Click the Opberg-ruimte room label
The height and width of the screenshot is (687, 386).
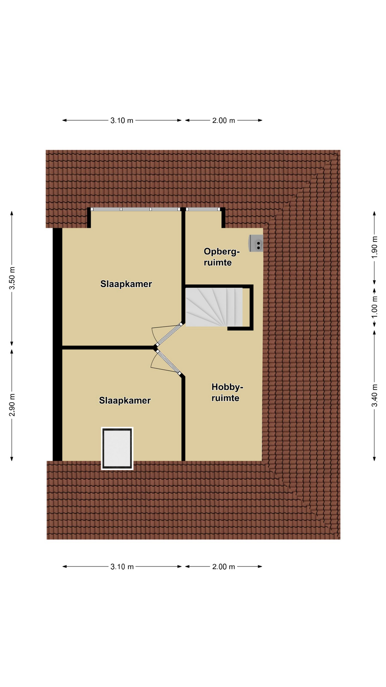pos(222,257)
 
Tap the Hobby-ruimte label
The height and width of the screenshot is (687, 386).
pos(227,393)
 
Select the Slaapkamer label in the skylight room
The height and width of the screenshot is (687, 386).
pos(125,400)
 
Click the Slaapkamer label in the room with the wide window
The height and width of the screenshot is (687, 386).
pos(126,284)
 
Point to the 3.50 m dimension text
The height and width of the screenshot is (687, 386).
pos(12,278)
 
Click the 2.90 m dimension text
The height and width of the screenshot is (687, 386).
pos(12,405)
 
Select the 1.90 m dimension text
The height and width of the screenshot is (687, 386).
pos(374,247)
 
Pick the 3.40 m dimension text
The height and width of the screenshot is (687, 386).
pos(374,395)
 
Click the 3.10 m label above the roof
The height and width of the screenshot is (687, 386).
pos(122,121)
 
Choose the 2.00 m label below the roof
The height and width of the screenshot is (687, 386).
pos(224,567)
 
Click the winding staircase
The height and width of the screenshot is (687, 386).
pos(214,307)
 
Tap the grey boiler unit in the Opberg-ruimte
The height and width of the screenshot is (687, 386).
pos(256,243)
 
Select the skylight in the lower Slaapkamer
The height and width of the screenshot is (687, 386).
pos(117,448)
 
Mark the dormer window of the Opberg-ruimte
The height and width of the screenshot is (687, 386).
pos(203,209)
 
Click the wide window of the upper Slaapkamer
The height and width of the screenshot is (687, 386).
pos(135,209)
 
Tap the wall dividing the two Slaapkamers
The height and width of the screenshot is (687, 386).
pos(109,347)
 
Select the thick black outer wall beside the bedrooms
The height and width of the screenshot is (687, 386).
pos(58,344)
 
